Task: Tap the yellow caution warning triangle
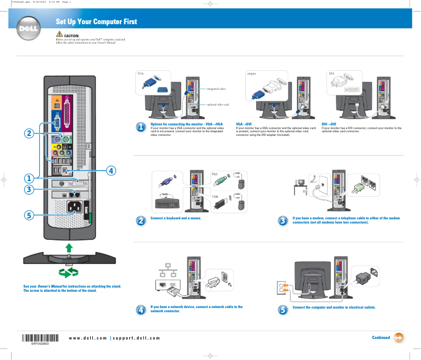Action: click(x=59, y=35)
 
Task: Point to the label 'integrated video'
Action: click(x=216, y=89)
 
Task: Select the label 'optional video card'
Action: click(x=217, y=104)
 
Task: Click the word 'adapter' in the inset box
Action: click(x=251, y=74)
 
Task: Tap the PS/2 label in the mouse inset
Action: click(x=215, y=174)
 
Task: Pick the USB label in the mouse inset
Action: click(x=214, y=197)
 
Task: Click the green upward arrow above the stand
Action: click(x=69, y=247)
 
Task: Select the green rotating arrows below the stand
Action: click(x=69, y=272)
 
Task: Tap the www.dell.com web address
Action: click(x=88, y=337)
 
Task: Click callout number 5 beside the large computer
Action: click(x=29, y=215)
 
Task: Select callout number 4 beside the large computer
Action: click(x=111, y=170)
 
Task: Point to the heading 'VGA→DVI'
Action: click(x=244, y=124)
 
